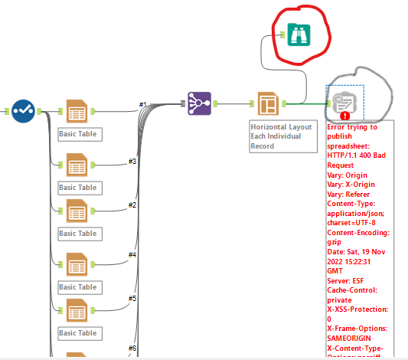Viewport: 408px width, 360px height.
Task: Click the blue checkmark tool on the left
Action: (22, 110)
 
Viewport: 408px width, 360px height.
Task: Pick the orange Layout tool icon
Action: (266, 103)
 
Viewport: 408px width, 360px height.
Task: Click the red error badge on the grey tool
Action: (345, 116)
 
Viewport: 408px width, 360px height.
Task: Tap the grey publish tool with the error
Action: (342, 103)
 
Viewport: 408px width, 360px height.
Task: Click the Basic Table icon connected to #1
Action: (77, 112)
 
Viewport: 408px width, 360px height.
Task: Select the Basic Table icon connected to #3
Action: (77, 165)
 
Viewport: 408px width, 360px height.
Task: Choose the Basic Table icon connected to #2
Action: (77, 211)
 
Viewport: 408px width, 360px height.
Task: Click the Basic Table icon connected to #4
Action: (77, 264)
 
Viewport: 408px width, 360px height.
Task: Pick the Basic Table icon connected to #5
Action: (77, 310)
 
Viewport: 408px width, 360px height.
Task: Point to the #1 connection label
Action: (142, 104)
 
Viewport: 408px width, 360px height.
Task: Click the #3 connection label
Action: (132, 161)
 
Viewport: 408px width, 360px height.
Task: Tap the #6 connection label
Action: (132, 349)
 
